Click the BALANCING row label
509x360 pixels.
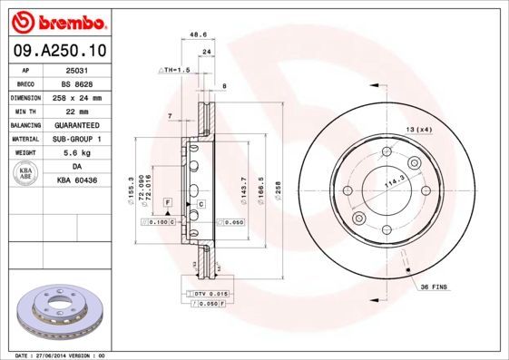coord(25,124)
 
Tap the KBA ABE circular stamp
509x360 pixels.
coord(25,174)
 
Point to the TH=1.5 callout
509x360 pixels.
coord(174,70)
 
